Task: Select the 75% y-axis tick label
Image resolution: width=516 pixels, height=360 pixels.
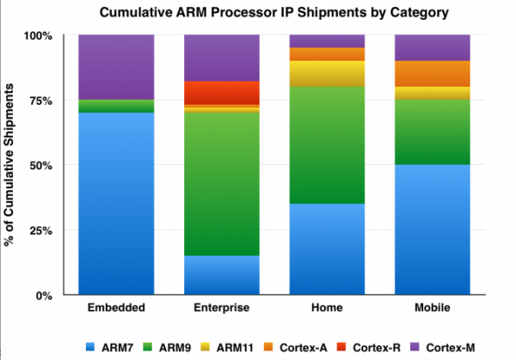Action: [x=40, y=101]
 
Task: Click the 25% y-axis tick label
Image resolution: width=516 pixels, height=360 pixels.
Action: [x=40, y=230]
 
